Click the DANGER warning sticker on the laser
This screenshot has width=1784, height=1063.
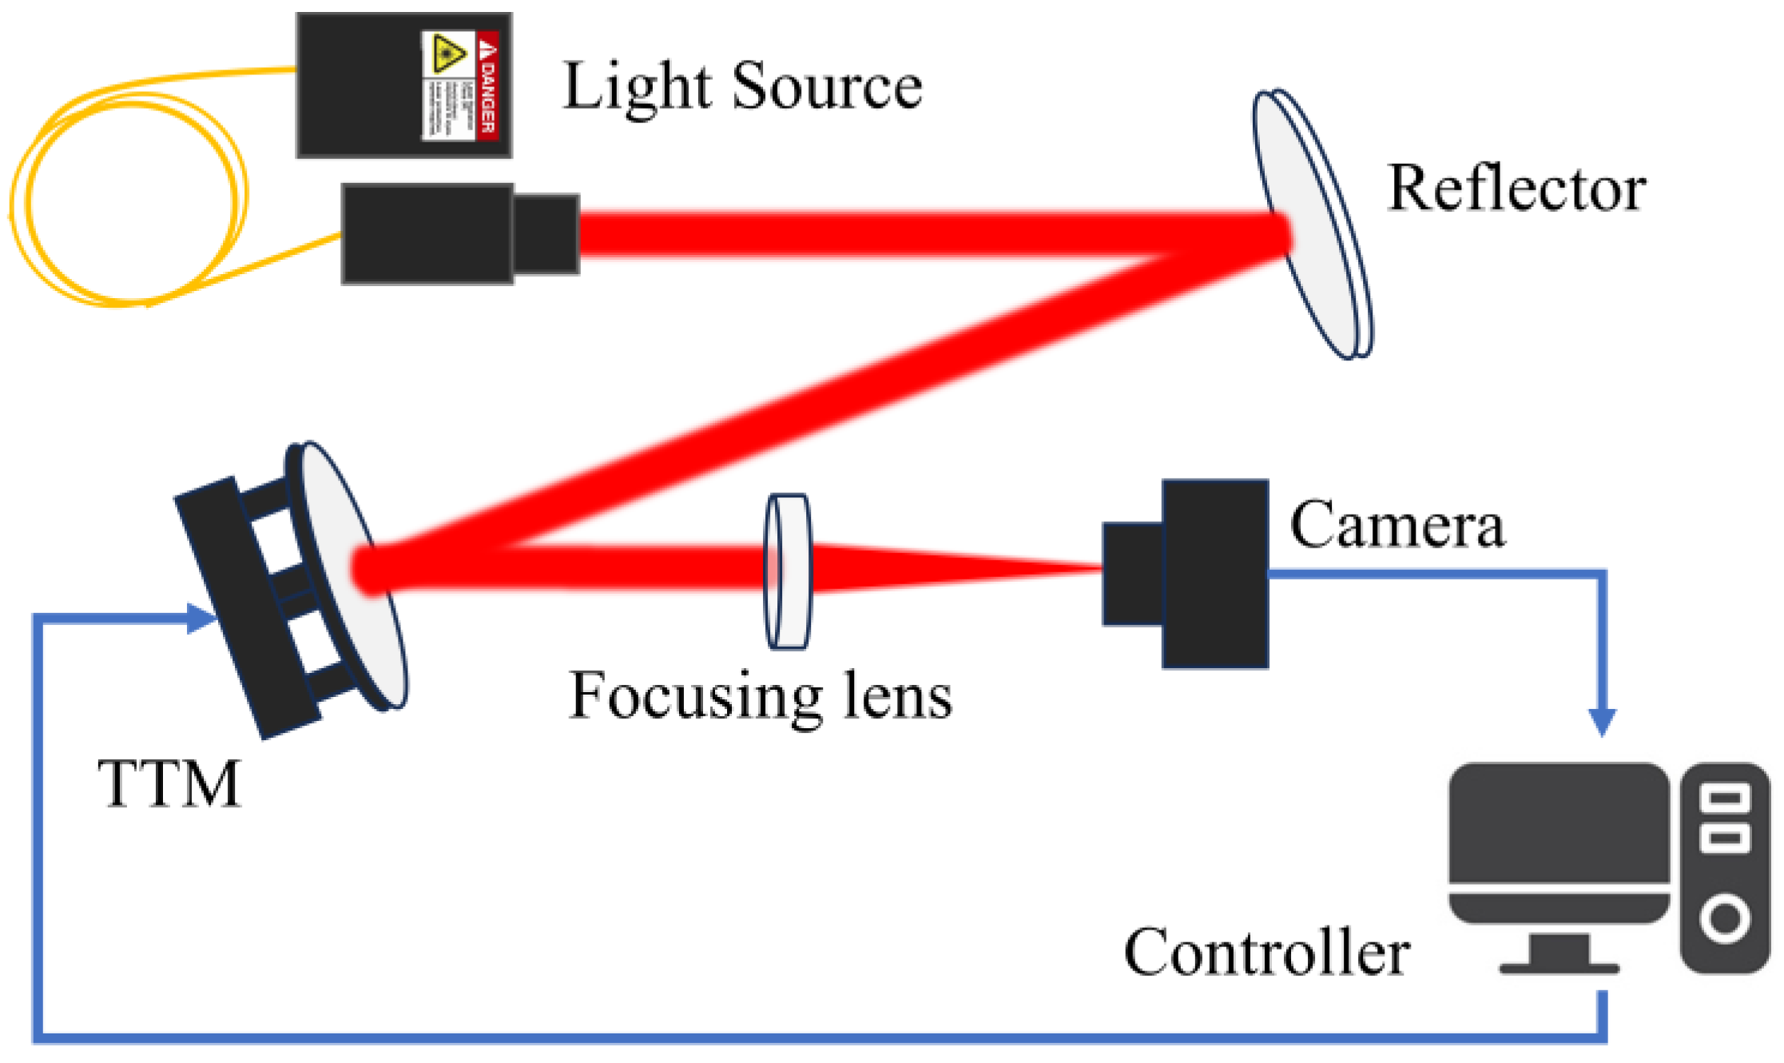pyautogui.click(x=460, y=86)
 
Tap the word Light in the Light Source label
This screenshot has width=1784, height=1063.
pyautogui.click(x=636, y=87)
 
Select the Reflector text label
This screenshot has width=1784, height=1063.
pyautogui.click(x=1516, y=189)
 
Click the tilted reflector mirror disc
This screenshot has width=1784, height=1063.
pyautogui.click(x=1310, y=224)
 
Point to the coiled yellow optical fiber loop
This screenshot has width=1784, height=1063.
pyautogui.click(x=128, y=200)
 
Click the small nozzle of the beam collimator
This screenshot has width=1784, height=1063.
pyautogui.click(x=546, y=233)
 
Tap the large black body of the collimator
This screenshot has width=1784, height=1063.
pyautogui.click(x=427, y=233)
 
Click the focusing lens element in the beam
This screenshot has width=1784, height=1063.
pyautogui.click(x=788, y=571)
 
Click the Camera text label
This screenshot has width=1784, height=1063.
pyautogui.click(x=1397, y=525)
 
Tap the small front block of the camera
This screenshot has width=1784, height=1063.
pyautogui.click(x=1132, y=573)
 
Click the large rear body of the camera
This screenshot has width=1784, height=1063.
pyautogui.click(x=1214, y=573)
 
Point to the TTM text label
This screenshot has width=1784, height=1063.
pyautogui.click(x=169, y=784)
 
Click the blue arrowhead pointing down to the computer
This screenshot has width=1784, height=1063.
pyautogui.click(x=1602, y=722)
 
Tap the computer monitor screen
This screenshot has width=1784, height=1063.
pyautogui.click(x=1559, y=823)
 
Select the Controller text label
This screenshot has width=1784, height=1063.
pyautogui.click(x=1266, y=953)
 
